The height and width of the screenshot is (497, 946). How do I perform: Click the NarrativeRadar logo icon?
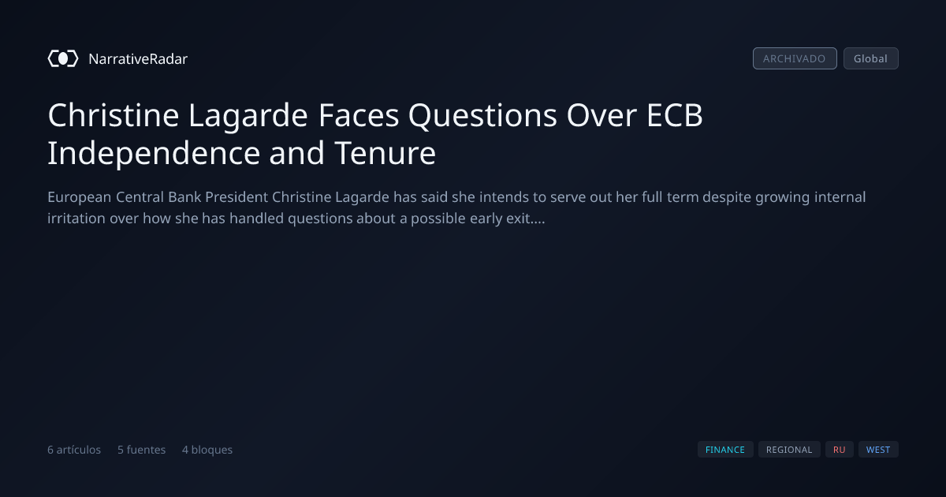(x=63, y=58)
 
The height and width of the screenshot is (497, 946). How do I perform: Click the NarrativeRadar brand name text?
(x=138, y=58)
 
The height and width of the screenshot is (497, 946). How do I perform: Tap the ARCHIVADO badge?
(x=795, y=58)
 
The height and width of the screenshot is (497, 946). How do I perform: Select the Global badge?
(x=871, y=58)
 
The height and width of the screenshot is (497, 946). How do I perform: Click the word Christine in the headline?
(x=114, y=115)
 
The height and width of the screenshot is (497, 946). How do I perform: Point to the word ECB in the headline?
(x=675, y=115)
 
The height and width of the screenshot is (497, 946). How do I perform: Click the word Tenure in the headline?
(x=385, y=153)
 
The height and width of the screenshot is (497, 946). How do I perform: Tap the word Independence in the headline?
(x=154, y=153)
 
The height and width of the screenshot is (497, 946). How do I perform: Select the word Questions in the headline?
(x=482, y=115)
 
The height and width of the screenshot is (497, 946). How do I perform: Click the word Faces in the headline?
(x=358, y=115)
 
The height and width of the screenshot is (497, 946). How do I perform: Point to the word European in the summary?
(x=79, y=197)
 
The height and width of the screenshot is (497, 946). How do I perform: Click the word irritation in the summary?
(x=76, y=219)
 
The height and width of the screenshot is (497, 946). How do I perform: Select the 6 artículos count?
(x=74, y=450)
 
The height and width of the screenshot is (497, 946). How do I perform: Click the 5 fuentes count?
(x=141, y=450)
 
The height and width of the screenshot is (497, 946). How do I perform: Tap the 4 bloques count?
(x=207, y=450)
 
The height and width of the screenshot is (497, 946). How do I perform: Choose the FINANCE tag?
(x=725, y=450)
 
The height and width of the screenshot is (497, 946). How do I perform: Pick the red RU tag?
(x=839, y=450)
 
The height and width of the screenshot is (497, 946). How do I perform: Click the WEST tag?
(x=878, y=450)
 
